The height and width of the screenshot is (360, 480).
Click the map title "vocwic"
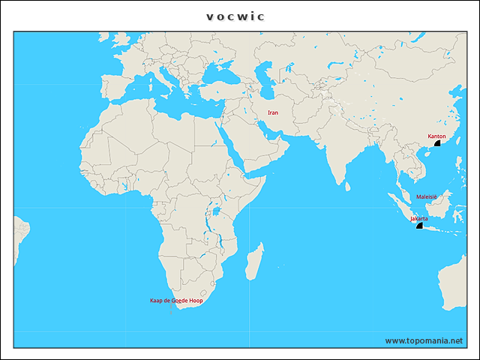point(235,16)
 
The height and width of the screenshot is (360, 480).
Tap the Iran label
point(273,112)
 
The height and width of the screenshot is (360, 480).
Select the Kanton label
point(436,136)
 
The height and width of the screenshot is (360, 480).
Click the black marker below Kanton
point(437,143)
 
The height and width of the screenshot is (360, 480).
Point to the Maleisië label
point(427,196)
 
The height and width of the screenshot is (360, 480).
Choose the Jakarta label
point(419,218)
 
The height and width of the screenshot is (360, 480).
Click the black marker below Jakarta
point(419,225)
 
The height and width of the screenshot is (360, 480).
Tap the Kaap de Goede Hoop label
point(176,300)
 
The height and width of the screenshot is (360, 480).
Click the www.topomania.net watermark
point(424,340)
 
